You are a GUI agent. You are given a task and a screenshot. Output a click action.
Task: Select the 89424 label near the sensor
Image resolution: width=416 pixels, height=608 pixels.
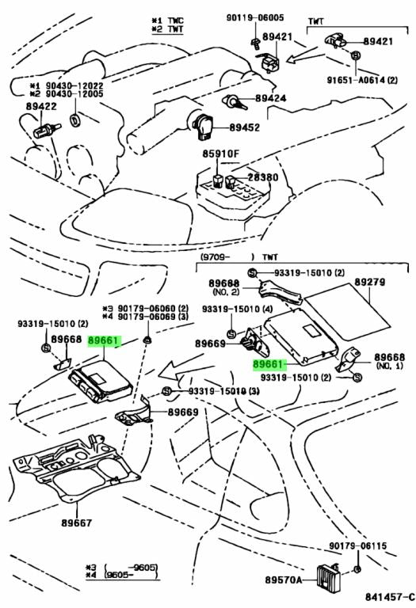[270, 99]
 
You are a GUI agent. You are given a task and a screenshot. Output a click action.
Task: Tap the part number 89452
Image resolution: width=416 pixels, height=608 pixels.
[246, 126]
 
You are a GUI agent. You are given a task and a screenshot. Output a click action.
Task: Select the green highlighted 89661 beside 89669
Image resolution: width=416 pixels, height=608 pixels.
[269, 364]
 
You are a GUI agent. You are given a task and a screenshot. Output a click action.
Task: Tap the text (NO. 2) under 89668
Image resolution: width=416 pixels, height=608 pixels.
[224, 292]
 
